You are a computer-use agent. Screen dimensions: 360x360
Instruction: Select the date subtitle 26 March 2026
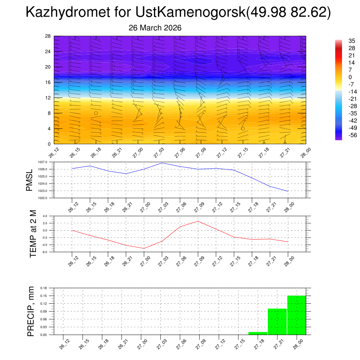click(x=155, y=28)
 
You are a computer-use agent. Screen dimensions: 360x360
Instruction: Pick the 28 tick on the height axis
click(x=48, y=36)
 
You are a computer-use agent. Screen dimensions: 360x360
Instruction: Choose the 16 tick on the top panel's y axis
click(x=48, y=82)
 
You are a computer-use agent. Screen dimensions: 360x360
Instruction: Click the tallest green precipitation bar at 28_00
click(x=296, y=315)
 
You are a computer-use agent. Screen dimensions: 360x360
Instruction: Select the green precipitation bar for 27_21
click(x=277, y=322)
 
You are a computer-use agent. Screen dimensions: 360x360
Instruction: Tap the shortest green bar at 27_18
click(x=258, y=333)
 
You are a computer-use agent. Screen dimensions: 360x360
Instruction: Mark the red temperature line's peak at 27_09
click(x=198, y=221)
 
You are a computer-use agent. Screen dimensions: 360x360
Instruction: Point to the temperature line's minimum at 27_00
click(x=144, y=248)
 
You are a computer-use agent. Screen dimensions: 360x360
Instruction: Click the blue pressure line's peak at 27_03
click(x=162, y=163)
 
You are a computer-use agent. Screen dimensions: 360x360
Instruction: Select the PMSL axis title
click(x=30, y=180)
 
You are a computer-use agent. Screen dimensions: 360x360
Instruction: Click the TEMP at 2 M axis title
click(x=33, y=234)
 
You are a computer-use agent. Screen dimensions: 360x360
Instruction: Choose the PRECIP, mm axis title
click(x=31, y=311)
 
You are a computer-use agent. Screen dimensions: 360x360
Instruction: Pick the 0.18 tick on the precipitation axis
click(x=44, y=288)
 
